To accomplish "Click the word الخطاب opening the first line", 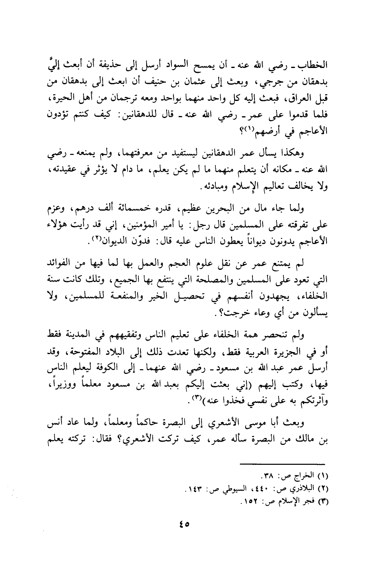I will pyautogui.click(x=312, y=65).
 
